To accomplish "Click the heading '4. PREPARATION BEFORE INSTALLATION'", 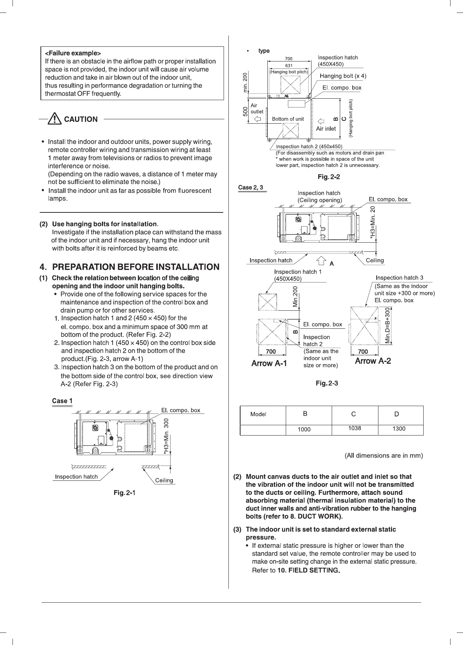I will click(129, 267).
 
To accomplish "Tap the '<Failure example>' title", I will click(73, 53).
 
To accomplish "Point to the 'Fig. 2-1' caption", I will click(125, 493).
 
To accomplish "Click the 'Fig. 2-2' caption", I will click(329, 177).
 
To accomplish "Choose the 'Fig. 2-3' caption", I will click(327, 384).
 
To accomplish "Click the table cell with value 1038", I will click(355, 429).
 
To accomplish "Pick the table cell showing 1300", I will click(399, 429).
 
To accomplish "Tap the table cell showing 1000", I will click(304, 429).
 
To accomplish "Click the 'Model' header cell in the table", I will click(258, 414).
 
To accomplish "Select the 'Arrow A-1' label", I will click(269, 363).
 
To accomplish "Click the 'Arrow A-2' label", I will click(373, 361).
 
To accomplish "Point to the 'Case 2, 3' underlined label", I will click(250, 187).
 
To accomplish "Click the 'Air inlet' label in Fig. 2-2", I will click(326, 128).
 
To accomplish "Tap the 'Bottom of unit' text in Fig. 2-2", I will click(288, 119).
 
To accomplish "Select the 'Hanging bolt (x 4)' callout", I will click(343, 76).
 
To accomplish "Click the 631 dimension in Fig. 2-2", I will click(289, 65).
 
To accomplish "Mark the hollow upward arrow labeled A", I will click(321, 261).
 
